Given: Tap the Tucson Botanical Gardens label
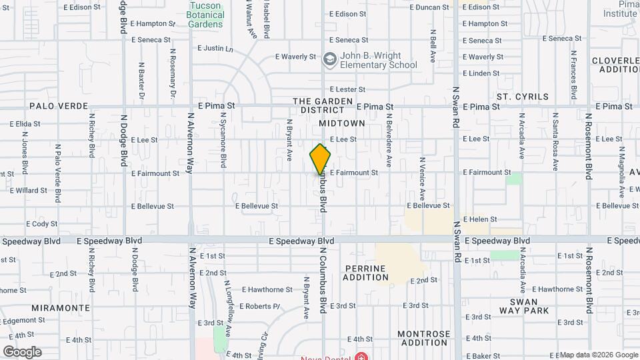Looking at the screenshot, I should (x=205, y=15).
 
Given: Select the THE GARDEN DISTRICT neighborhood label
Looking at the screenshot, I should (x=323, y=105).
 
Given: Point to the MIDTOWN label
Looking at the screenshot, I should (x=341, y=123).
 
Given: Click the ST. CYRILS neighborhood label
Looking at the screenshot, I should (x=523, y=97).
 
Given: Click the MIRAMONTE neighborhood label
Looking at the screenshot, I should (x=61, y=308).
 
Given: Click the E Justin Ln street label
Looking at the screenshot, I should (x=216, y=49).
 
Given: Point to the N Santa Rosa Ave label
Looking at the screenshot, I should (x=555, y=141).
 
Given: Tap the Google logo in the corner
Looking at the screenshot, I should (x=22, y=352).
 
